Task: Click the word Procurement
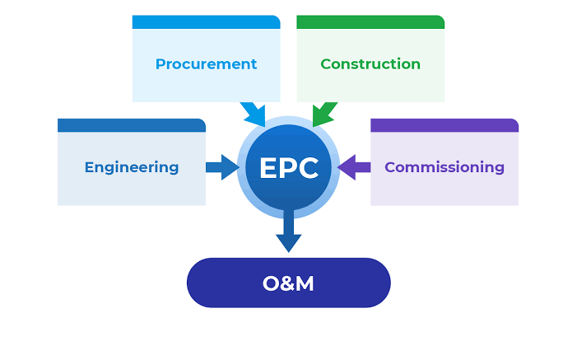pos(206,64)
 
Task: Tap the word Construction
pos(370,64)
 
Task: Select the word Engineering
pos(132,167)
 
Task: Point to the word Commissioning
pos(444,167)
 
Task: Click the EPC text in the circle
pos(288,168)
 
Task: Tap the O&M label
pos(288,283)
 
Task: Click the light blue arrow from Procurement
pos(252,114)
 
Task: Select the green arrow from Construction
pos(323,114)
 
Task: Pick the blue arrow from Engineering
pos(221,167)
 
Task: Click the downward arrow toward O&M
pos(288,233)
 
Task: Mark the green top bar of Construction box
pos(370,22)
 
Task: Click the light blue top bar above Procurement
pos(206,22)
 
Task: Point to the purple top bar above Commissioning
pos(444,125)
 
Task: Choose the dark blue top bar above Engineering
pos(132,125)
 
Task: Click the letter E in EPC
pos(268,168)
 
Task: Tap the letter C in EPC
pos(308,168)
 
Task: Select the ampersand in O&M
pos(287,283)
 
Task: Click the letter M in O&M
pos(305,283)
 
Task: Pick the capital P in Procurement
pos(160,64)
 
